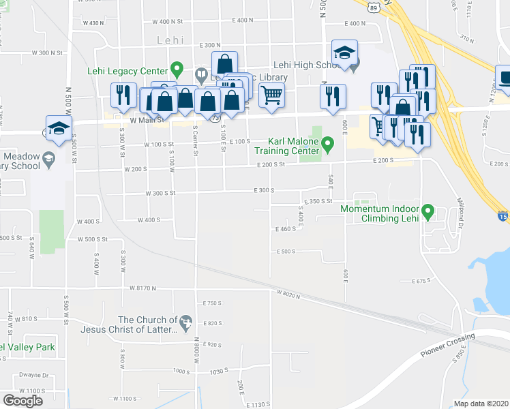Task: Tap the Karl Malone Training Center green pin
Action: coord(328,145)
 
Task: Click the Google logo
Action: coord(22,401)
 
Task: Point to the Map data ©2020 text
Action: coord(480,404)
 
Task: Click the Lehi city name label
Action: coord(170,40)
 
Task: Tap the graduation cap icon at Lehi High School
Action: coord(344,52)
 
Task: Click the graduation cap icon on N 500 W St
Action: coord(59,127)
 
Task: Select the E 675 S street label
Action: coord(423,281)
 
